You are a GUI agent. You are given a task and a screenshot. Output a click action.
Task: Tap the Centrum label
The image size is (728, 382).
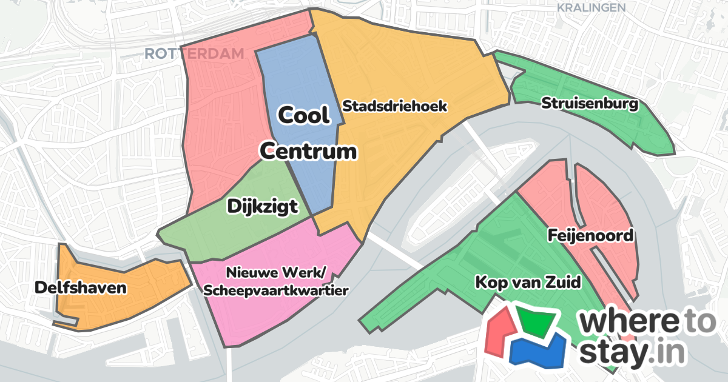click(308, 151)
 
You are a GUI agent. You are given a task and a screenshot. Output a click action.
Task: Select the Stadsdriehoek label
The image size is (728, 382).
click(395, 106)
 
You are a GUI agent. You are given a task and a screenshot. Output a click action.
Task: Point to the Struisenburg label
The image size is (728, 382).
click(590, 104)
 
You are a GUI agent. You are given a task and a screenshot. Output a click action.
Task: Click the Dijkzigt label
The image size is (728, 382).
click(263, 207)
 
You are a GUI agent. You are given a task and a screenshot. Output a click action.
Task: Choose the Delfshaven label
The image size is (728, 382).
click(81, 287)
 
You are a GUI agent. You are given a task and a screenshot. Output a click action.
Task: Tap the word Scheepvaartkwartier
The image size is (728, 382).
click(276, 290)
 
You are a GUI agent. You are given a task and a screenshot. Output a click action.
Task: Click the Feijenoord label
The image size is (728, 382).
click(590, 235)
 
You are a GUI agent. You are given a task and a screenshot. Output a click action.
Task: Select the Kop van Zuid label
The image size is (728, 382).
click(528, 282)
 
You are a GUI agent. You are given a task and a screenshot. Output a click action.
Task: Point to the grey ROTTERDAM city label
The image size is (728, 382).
click(194, 54)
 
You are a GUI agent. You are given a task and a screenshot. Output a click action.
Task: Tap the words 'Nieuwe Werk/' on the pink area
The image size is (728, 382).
click(276, 271)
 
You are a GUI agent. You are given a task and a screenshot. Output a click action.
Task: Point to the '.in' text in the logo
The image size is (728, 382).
click(664, 354)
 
